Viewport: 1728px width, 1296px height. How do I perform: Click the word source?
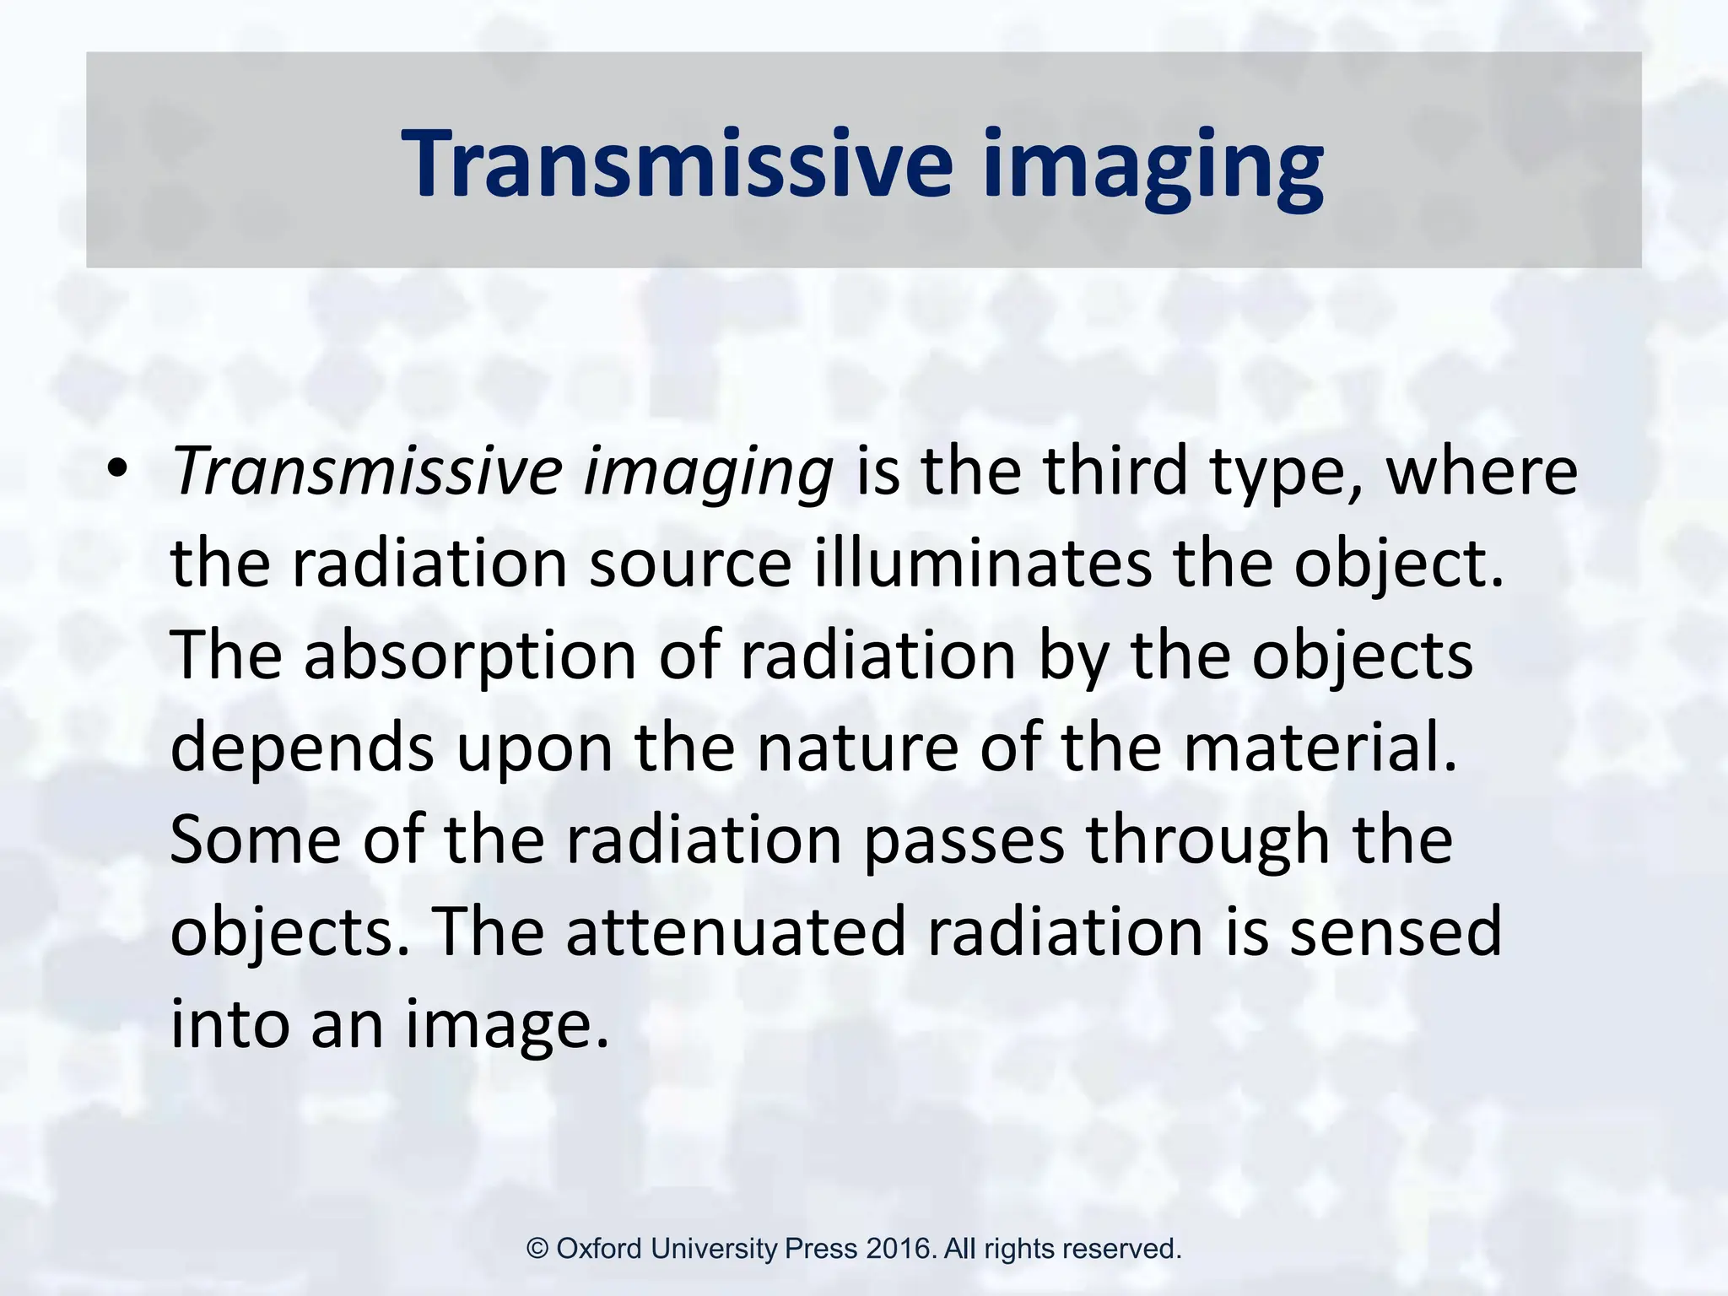[689, 563]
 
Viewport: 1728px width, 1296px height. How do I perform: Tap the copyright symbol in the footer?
[537, 1249]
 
